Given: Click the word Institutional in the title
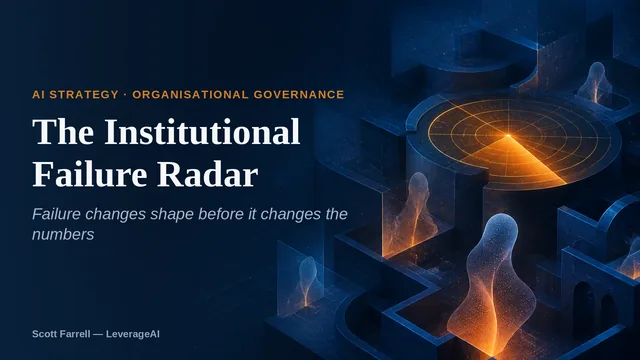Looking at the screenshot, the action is pos(202,132).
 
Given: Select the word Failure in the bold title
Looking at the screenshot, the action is pos(90,174).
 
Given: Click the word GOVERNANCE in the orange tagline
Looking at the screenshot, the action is pos(299,95).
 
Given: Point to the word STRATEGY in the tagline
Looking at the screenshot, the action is pos(84,95).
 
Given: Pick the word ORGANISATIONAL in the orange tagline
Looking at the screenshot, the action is pos(190,95).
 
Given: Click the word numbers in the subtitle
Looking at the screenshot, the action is pos(63,235).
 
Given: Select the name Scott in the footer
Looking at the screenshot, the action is pos(44,334).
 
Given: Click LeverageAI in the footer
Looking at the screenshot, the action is pos(133,334).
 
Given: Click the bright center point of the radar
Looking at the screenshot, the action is pos(508,135).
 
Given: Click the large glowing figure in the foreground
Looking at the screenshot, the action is pos(492,286).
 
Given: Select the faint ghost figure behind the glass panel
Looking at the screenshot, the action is pos(307,282).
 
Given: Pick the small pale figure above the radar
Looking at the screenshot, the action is pos(594,83).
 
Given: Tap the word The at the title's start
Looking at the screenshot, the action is pos(63,132).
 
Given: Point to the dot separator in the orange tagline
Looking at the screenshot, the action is pos(125,95).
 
